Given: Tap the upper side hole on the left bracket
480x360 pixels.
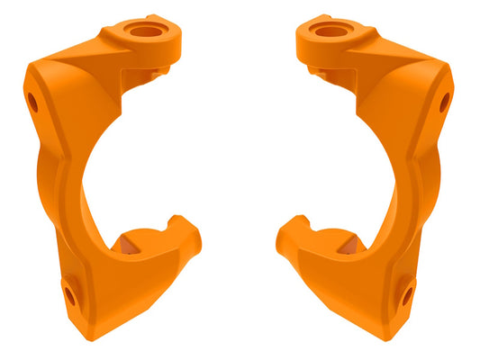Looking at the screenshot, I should pos(32,101).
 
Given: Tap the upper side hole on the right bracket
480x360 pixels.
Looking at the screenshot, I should pos(445,102).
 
